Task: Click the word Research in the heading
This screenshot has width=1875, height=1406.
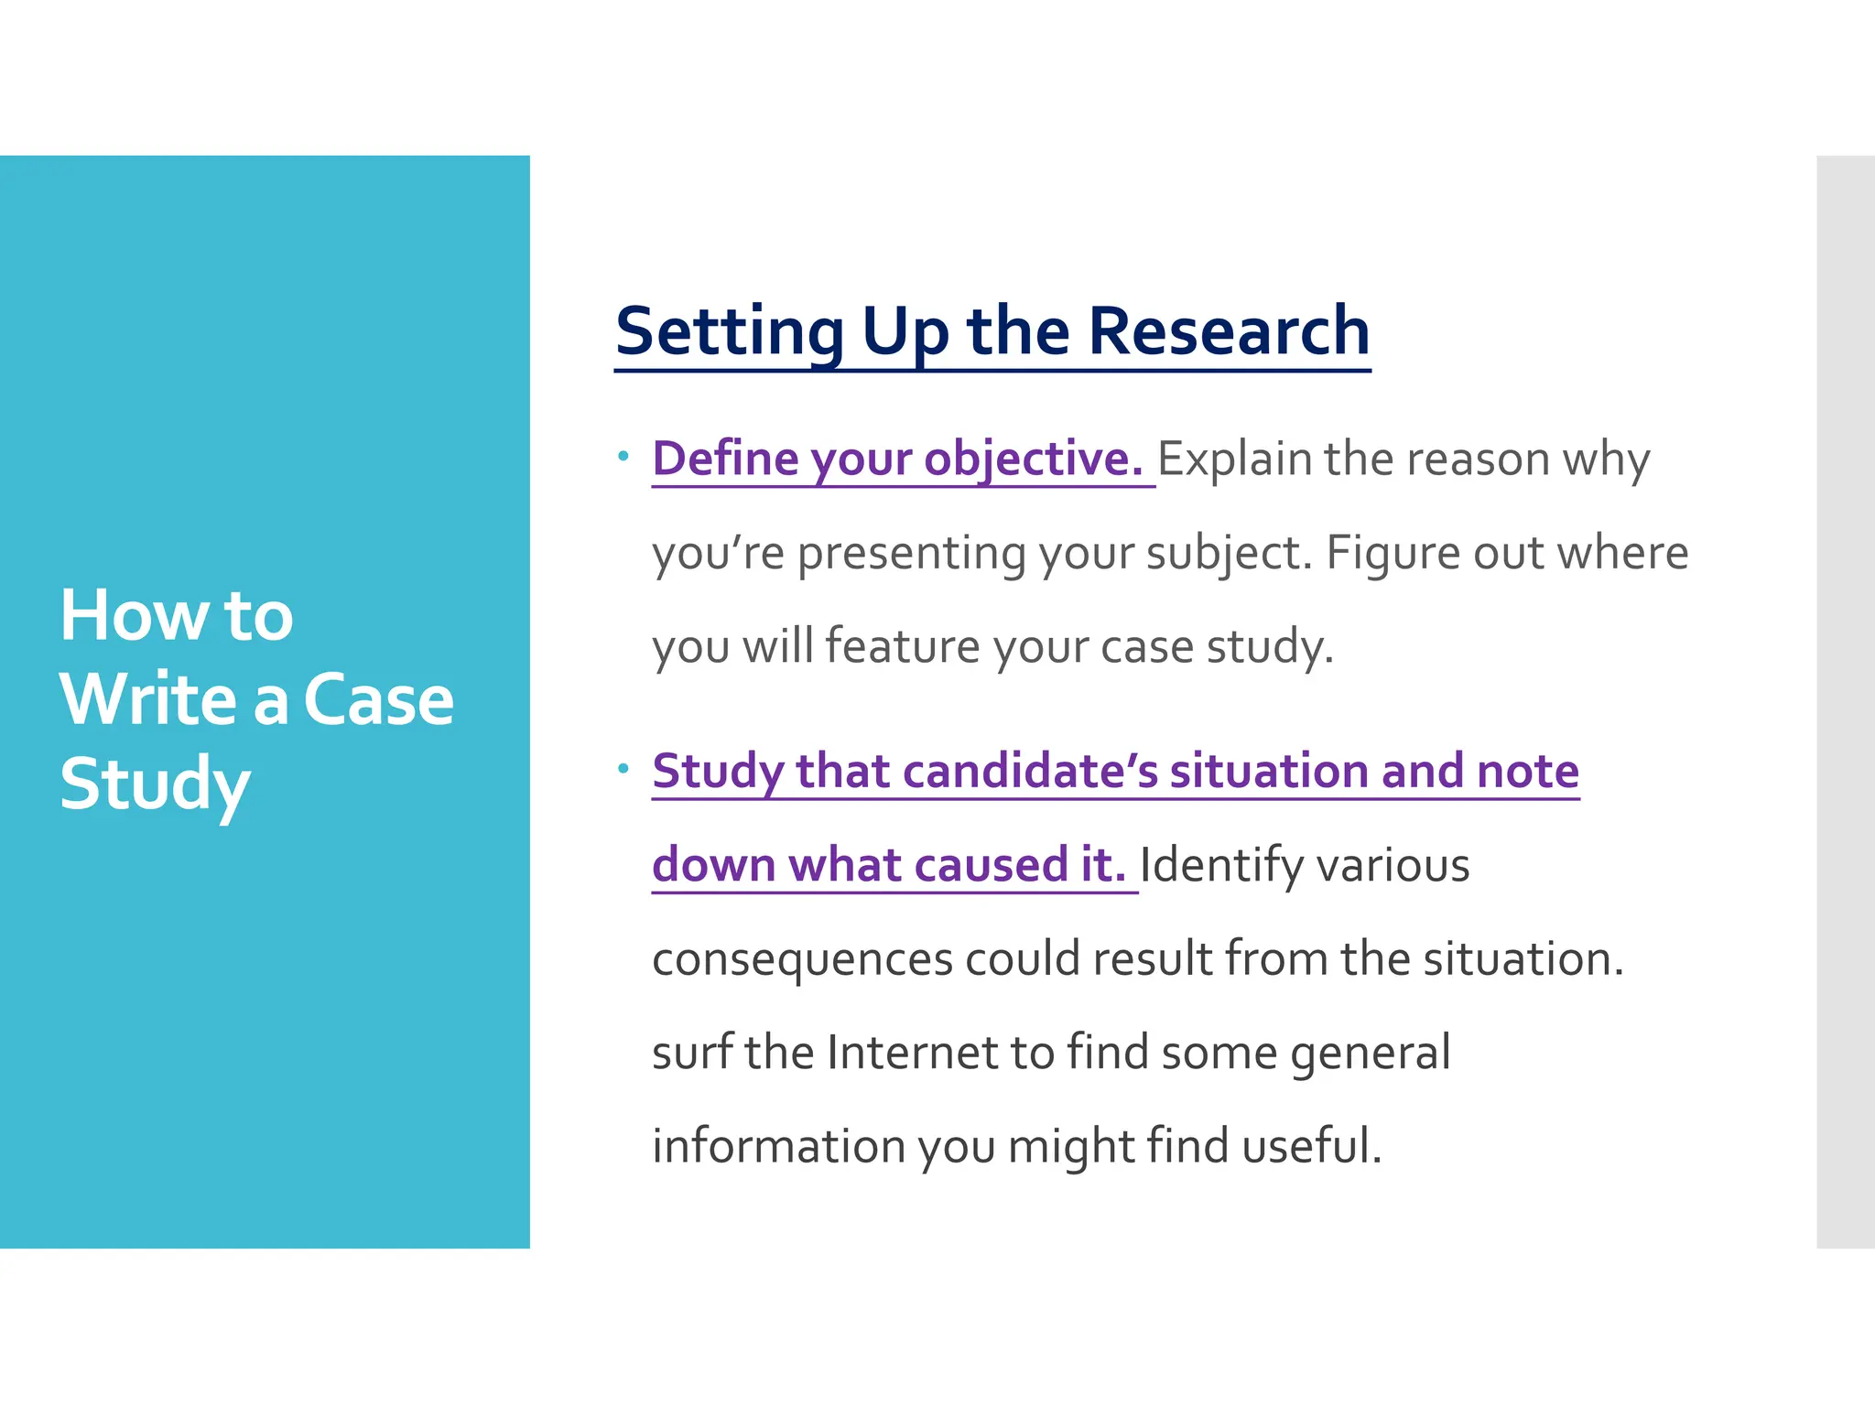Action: coord(1228,331)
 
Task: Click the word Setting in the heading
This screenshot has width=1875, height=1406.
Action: coord(730,331)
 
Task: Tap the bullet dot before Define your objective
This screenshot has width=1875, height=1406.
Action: coord(623,455)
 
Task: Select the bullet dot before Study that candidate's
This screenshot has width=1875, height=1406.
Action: coord(623,768)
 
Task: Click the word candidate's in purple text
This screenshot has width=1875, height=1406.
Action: coord(1031,771)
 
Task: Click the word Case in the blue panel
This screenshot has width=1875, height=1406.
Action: coord(377,700)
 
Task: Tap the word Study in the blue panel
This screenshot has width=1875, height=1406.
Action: coord(154,785)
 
